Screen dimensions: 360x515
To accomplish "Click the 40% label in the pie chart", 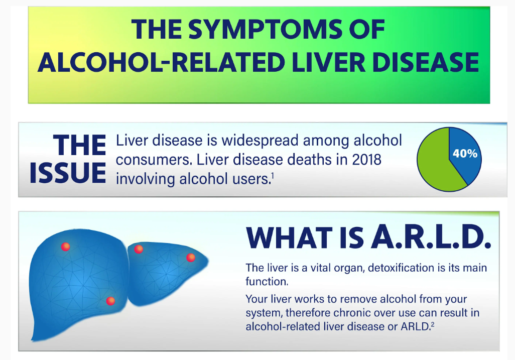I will pyautogui.click(x=465, y=153).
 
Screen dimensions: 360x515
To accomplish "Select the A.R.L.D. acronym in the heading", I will pyautogui.click(x=430, y=237).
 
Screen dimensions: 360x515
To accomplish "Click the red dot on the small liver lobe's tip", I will pyautogui.click(x=191, y=258).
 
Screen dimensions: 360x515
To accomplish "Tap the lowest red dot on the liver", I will pyautogui.click(x=111, y=301).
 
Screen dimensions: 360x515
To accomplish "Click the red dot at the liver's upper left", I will pyautogui.click(x=65, y=247).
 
